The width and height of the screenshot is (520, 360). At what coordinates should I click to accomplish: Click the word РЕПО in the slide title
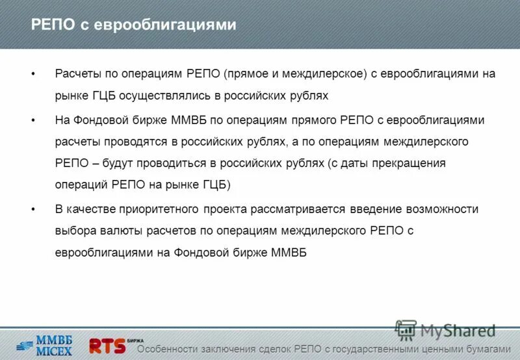point(53,25)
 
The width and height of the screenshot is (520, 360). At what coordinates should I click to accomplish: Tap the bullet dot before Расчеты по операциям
point(33,73)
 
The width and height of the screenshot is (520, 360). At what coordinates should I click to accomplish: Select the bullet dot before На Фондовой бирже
point(33,120)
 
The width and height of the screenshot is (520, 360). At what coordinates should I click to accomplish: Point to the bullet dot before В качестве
point(33,209)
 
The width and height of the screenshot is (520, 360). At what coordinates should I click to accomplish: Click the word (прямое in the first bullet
point(246,73)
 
